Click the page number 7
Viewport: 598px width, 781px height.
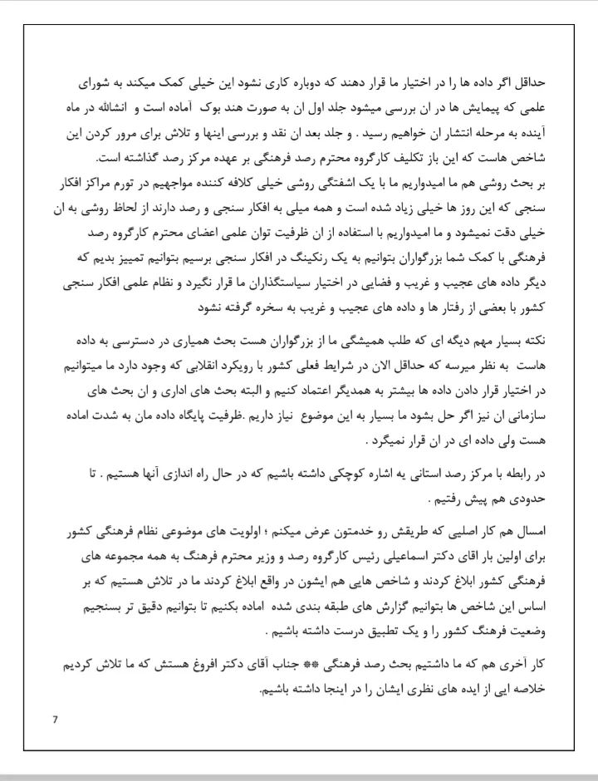tap(55, 719)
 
